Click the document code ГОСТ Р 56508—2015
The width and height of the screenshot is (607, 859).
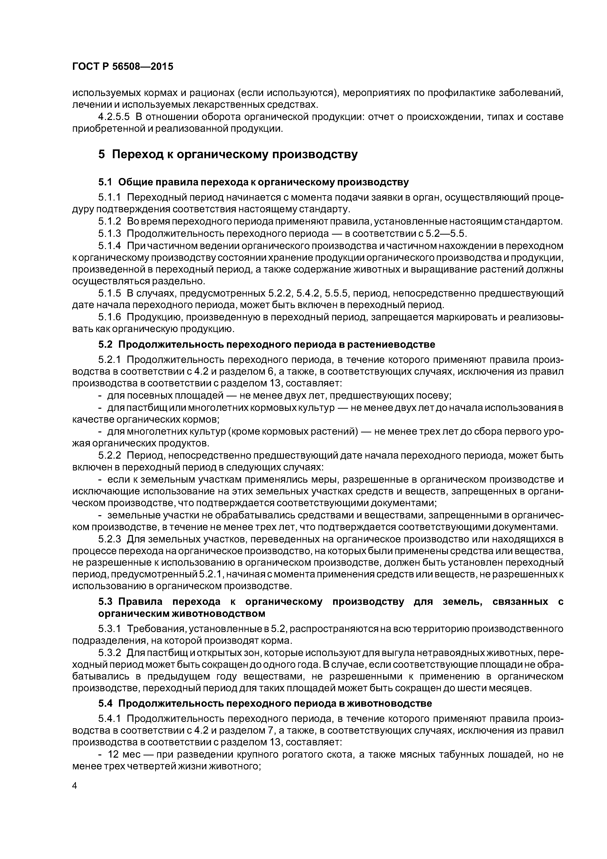tap(123, 67)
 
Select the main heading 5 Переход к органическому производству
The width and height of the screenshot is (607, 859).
tap(228, 154)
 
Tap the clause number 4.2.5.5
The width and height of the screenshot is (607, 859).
tap(114, 117)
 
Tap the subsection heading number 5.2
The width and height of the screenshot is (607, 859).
tap(105, 344)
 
